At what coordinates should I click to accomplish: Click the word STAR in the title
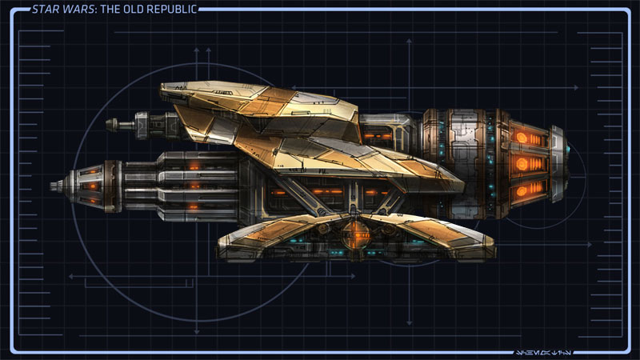pyautogui.click(x=44, y=10)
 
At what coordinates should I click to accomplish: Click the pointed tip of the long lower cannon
pyautogui.click(x=53, y=186)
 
